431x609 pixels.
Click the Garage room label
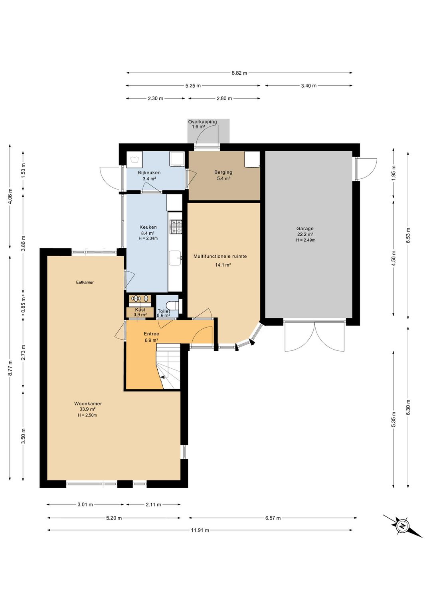tap(305, 229)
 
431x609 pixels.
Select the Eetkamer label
tap(85, 282)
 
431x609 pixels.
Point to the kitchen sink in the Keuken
tap(175, 258)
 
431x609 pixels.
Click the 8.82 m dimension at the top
tap(239, 73)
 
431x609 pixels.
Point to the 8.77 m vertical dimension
tap(10, 368)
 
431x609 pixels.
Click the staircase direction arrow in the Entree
tap(162, 377)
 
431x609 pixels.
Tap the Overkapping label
tap(202, 122)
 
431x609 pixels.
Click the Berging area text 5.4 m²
tap(223, 179)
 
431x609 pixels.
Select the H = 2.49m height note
tap(306, 240)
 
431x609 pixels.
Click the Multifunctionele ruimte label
tap(220, 256)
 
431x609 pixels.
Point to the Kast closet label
tap(140, 310)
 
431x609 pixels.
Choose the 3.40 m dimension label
tap(308, 86)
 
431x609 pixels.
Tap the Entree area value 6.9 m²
tap(151, 340)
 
